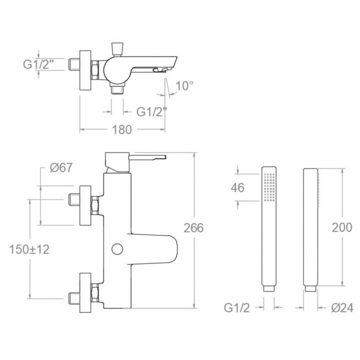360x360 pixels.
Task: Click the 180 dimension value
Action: click(x=122, y=129)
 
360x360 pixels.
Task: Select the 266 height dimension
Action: click(x=193, y=228)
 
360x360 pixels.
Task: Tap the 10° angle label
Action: click(x=184, y=86)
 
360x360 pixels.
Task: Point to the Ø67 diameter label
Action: click(x=61, y=167)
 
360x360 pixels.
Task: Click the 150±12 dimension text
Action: click(x=29, y=249)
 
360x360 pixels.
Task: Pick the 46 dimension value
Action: click(x=237, y=188)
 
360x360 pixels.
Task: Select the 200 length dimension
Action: click(x=342, y=227)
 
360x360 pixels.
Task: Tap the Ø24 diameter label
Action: click(x=342, y=308)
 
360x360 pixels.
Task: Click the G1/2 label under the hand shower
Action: click(x=236, y=308)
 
